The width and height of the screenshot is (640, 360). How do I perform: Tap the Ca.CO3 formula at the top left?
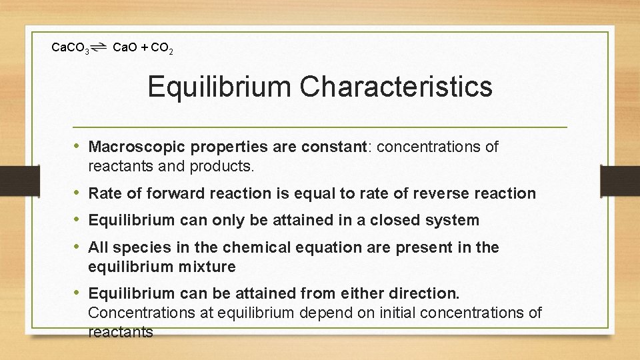71,48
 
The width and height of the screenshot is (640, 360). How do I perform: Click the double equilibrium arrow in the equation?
100,47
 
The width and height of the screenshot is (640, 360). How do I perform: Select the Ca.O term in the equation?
125,47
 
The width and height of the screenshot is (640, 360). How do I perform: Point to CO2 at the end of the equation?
163,48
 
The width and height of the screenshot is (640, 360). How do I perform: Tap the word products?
223,167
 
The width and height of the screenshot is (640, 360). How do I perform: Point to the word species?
137,248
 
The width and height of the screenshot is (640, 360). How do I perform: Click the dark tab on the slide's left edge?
11,181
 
